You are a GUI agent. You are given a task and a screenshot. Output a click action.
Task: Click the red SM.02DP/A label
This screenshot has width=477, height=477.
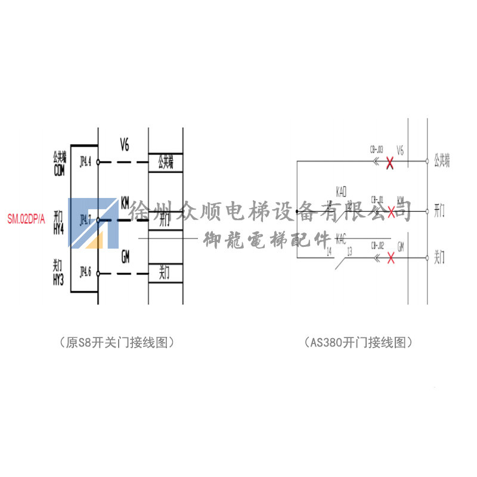pyautogui.click(x=26, y=219)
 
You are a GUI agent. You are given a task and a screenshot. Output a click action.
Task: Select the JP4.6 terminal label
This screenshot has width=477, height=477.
pyautogui.click(x=85, y=274)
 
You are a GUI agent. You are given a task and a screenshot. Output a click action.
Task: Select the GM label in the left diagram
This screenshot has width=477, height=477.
pyautogui.click(x=125, y=257)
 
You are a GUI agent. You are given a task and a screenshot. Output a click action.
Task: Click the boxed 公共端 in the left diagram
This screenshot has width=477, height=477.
pyautogui.click(x=165, y=162)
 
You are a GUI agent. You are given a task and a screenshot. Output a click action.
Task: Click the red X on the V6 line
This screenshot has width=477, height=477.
pyautogui.click(x=390, y=162)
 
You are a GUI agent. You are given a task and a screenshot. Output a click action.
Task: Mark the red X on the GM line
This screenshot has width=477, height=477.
pyautogui.click(x=391, y=258)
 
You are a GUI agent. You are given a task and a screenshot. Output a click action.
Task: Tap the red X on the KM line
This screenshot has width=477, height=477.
pyautogui.click(x=391, y=211)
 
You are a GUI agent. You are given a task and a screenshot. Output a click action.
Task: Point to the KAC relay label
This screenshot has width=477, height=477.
pyautogui.click(x=341, y=238)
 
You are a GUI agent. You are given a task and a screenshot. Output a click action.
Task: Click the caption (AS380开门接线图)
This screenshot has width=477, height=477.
pyautogui.click(x=358, y=343)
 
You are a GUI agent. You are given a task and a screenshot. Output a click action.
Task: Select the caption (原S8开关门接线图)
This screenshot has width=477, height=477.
pyautogui.click(x=119, y=343)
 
